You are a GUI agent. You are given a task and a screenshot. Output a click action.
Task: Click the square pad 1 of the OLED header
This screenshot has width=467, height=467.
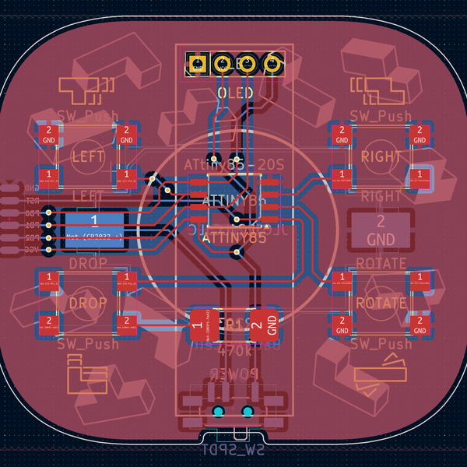pos(198,64)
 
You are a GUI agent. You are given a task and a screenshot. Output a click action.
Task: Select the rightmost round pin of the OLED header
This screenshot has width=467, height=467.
pos(273,64)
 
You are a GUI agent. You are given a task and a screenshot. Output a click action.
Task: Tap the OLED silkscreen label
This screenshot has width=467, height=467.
pos(234,93)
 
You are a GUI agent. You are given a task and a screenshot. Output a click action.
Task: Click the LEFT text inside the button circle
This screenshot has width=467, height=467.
pos(87,156)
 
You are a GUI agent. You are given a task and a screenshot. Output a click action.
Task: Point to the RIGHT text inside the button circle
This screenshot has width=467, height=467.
pos(382,156)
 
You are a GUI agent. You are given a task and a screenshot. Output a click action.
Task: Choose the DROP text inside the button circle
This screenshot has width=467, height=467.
pos(87,302)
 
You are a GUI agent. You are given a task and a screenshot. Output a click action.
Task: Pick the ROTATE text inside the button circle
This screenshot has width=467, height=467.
pos(381,302)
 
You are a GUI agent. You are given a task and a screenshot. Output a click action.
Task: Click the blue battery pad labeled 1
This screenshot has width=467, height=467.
pos(94,230)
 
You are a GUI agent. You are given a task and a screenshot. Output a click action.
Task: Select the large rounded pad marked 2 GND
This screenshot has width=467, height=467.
pos(381,230)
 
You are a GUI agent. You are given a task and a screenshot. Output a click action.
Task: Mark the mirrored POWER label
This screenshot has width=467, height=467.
pos(233,374)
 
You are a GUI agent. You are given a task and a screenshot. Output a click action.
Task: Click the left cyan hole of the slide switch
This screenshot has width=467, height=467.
pos(219,411)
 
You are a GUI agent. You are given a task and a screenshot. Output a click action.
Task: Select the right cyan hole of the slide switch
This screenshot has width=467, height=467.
pos(248,411)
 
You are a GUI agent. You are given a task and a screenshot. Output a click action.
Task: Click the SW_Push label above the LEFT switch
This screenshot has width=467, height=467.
pos(87,117)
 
